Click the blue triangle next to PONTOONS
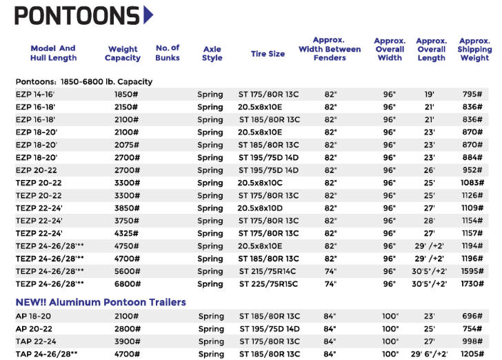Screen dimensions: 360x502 tap(148, 14)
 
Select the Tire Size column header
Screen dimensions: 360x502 tap(268, 54)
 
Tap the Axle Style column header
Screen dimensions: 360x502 tap(212, 54)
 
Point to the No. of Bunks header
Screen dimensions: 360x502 tap(168, 52)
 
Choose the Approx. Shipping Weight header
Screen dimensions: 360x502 tap(474, 50)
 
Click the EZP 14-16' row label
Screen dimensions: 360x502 tap(35, 94)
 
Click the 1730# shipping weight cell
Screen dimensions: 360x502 tap(474, 283)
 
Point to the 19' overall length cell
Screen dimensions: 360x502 tap(429, 94)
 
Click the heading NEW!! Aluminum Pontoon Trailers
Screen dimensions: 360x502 tap(101, 302)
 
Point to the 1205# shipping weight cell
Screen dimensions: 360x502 tap(474, 354)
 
